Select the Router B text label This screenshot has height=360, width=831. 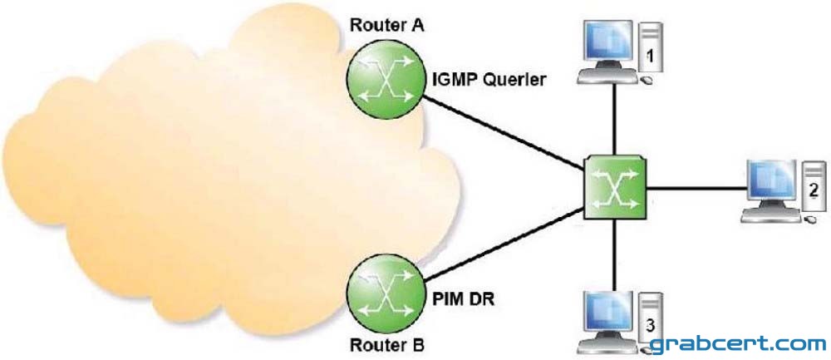387,346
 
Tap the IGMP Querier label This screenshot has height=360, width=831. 488,81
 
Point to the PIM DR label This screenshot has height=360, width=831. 460,301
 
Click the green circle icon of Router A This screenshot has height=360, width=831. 386,78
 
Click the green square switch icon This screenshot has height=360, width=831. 615,188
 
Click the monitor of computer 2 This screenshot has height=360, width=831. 772,185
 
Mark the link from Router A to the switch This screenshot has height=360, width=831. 503,134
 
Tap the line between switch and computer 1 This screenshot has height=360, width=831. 614,120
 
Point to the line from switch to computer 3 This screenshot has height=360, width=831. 614,255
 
